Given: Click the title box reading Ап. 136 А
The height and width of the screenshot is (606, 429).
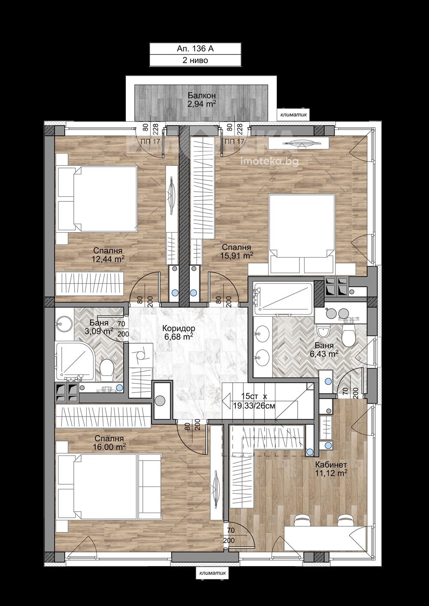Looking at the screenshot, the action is tap(195, 49).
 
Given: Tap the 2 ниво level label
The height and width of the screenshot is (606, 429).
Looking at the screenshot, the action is tap(195, 60).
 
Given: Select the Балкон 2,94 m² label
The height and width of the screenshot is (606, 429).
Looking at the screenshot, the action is tap(202, 99).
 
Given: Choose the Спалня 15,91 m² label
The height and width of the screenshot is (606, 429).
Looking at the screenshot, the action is tap(236, 251).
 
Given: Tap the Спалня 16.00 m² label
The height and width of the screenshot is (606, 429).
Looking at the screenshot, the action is tap(109, 442).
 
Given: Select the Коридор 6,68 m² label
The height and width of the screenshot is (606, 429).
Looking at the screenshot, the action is tap(178, 332).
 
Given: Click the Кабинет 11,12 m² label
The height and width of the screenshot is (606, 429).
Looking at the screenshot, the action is tap(331, 469).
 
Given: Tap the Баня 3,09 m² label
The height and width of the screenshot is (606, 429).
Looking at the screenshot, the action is tap(99, 327).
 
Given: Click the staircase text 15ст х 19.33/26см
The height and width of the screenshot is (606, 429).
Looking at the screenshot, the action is tap(254, 401).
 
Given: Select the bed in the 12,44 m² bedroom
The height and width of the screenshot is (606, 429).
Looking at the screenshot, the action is tap(97, 199).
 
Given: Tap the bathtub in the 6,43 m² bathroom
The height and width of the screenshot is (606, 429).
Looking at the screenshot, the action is tap(282, 298).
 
